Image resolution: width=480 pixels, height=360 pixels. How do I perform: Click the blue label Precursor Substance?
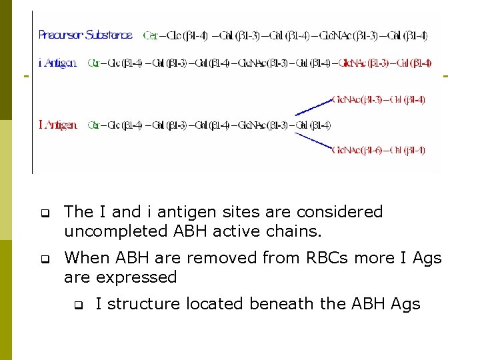85,35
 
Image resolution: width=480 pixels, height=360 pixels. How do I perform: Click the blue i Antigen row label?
57,63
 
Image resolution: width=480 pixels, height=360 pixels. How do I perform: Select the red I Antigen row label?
58,125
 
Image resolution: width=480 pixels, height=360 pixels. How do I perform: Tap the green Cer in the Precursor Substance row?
149,35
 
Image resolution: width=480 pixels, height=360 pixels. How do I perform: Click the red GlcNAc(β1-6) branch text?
357,151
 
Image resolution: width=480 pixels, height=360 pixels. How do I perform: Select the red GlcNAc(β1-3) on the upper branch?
357,100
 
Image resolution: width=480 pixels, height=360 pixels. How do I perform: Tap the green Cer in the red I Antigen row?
93,125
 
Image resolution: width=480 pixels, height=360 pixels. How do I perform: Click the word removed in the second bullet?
213,257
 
